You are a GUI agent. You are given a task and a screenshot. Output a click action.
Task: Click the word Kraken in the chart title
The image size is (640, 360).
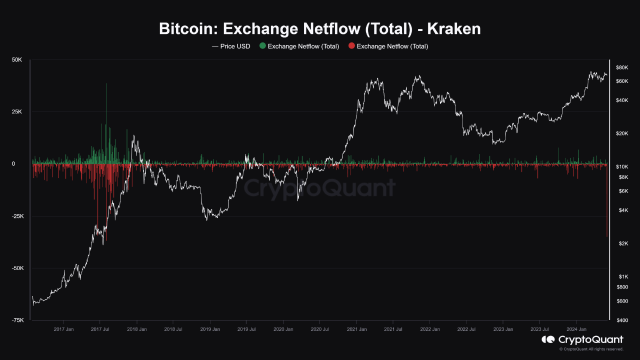click(x=453, y=28)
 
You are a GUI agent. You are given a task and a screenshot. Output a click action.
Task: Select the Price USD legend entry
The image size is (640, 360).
click(x=231, y=46)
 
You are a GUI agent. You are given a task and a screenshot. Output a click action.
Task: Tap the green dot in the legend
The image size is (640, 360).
click(x=262, y=46)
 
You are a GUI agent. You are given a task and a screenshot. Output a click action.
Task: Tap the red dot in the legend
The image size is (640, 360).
click(x=351, y=46)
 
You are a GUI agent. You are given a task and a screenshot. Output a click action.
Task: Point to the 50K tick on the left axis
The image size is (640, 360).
click(x=17, y=60)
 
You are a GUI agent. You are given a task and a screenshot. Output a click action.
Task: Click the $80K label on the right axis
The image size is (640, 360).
click(x=621, y=67)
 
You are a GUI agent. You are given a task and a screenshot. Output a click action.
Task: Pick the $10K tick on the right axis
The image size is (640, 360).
click(x=621, y=166)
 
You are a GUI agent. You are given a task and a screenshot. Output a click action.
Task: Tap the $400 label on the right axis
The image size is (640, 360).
click(x=622, y=320)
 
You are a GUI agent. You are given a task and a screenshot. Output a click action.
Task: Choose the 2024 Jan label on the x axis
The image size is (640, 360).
click(x=576, y=329)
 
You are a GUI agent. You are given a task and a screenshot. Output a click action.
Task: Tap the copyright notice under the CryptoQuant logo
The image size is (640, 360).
click(x=591, y=349)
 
